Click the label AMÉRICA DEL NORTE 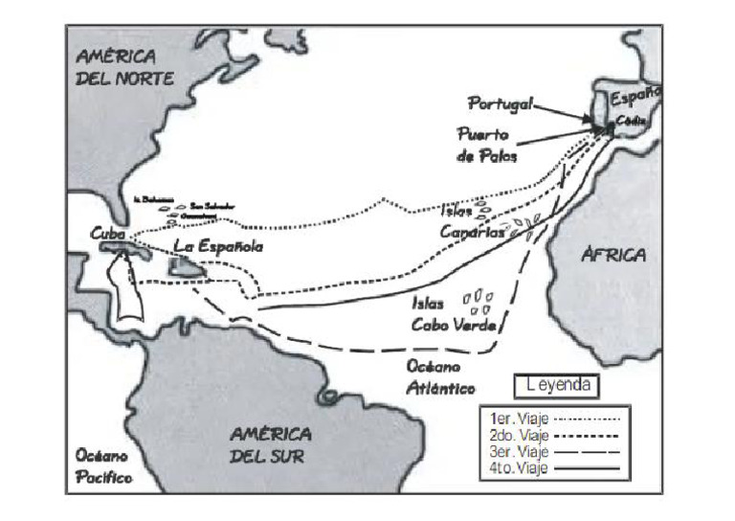(x=125, y=67)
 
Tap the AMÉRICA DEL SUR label (x=270, y=444)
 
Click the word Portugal (x=500, y=102)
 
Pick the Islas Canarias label (x=472, y=221)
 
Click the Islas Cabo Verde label (x=453, y=313)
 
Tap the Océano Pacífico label (x=104, y=466)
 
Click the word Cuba (x=109, y=234)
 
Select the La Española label (x=217, y=246)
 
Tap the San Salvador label (x=212, y=205)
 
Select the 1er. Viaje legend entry (x=554, y=419)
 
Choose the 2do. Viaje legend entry (x=554, y=435)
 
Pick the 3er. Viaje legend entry (x=554, y=451)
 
